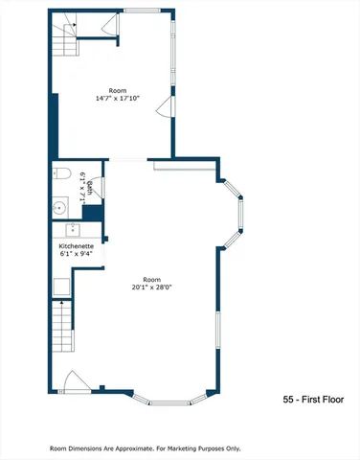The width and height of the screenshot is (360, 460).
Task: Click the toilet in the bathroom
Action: click(61, 174)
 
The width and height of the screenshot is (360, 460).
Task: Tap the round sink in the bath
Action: click(60, 205)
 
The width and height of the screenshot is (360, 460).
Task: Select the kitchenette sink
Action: click(72, 230)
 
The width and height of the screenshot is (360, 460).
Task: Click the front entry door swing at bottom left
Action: click(74, 380)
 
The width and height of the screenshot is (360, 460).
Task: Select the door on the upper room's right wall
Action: click(168, 104)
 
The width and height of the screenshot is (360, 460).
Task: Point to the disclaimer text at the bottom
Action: click(146, 448)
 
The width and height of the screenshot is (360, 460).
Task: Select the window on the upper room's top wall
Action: click(141, 11)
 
